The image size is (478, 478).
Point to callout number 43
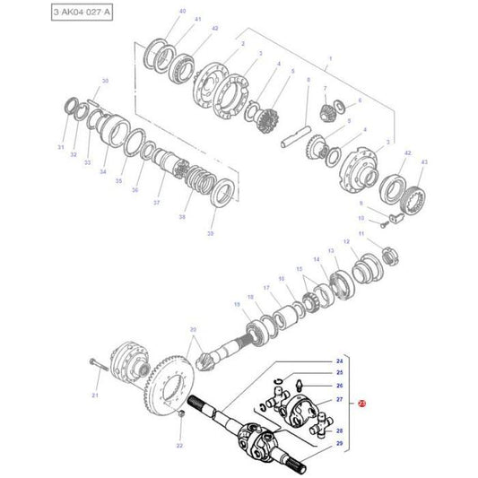point(424,161)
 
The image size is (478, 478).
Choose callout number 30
point(105,82)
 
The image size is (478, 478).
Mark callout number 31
point(61,147)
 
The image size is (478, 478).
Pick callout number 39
point(211,233)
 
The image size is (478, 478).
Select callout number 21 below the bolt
point(95,395)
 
